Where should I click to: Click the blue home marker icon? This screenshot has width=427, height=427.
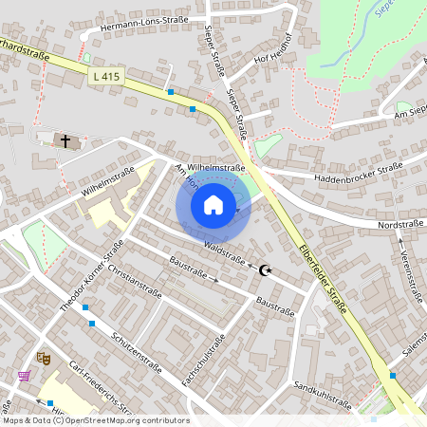tap(213, 205)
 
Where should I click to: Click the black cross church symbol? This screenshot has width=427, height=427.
tap(65, 141)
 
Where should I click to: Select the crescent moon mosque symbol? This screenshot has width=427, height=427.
tap(267, 271)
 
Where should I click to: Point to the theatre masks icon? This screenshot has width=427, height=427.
tap(43, 358)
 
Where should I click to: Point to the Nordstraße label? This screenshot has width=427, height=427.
tap(398, 225)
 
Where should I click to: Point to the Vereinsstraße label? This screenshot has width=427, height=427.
tap(410, 275)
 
